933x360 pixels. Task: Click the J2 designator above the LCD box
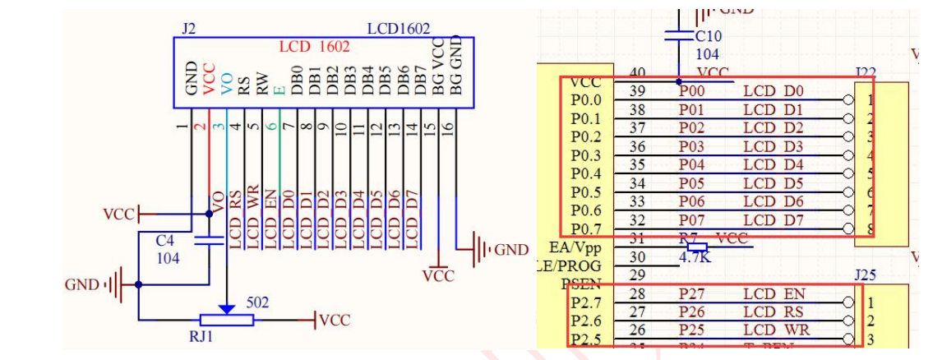189,29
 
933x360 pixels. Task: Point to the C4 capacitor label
165,241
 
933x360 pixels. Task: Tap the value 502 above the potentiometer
257,302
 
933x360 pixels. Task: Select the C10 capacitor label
708,36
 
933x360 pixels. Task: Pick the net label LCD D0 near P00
774,90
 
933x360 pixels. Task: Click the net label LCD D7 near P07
774,220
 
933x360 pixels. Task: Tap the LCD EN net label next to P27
774,294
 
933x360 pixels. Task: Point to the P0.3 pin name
586,156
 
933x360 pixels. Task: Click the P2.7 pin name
586,303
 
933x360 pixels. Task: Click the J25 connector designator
865,275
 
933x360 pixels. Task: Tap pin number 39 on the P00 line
637,90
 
